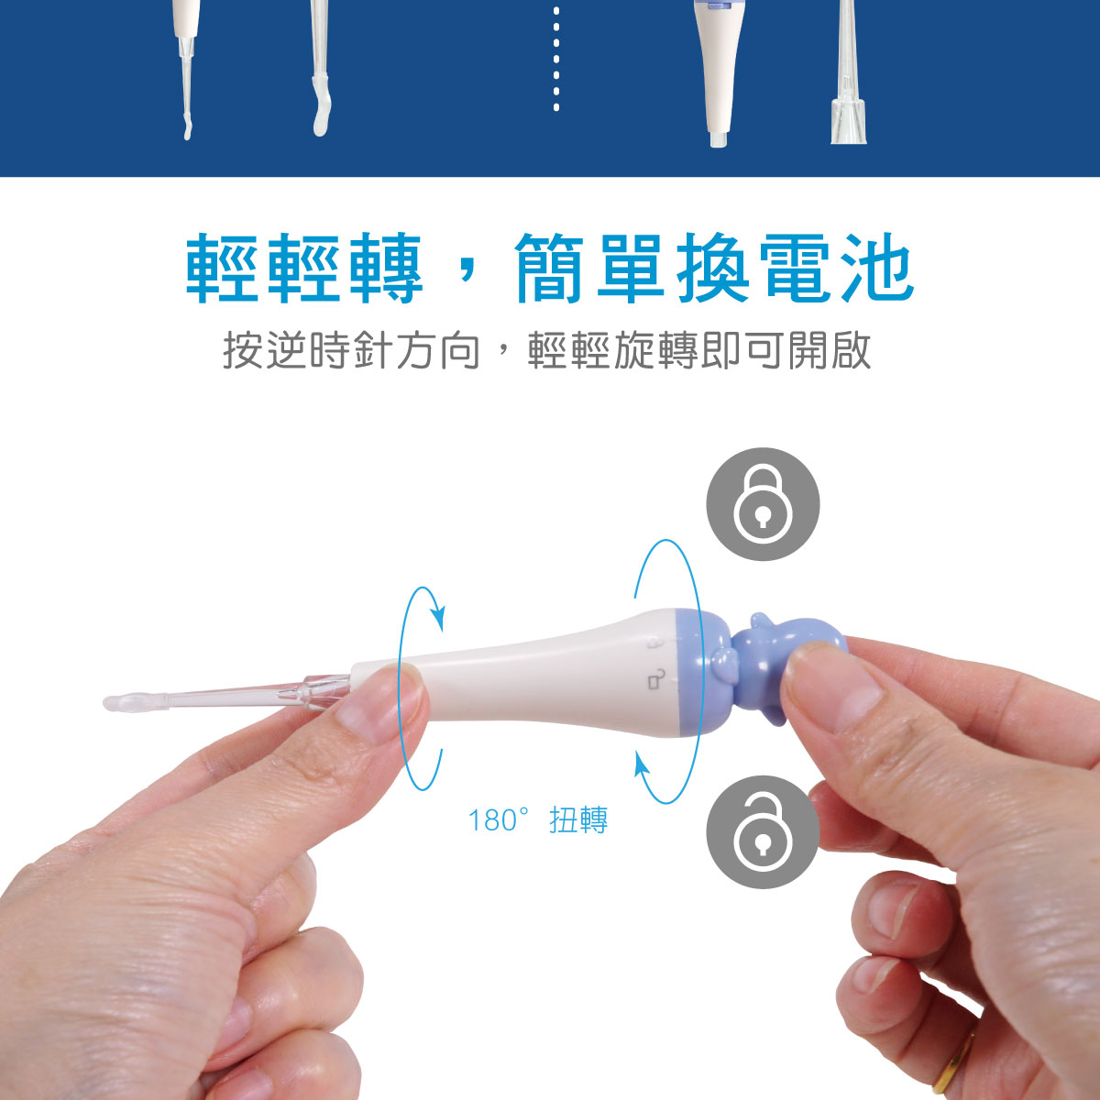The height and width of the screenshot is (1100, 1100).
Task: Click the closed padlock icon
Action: click(763, 504)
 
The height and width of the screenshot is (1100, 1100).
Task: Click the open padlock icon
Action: click(763, 832)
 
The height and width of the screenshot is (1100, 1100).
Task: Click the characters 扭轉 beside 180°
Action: click(578, 820)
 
